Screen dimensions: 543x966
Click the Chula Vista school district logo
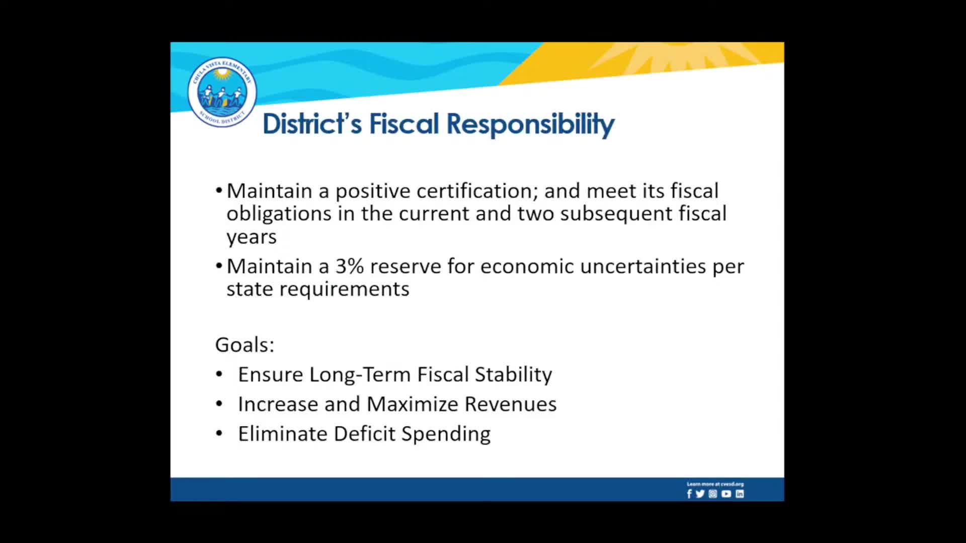click(222, 92)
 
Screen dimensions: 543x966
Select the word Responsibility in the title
click(530, 124)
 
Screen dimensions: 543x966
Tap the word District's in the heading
click(312, 124)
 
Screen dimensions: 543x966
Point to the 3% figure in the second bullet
click(349, 266)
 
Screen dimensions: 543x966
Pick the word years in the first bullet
click(252, 237)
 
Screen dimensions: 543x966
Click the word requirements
click(344, 289)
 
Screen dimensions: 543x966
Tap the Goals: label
click(245, 345)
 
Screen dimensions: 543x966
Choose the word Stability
click(513, 375)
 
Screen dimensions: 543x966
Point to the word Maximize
click(412, 404)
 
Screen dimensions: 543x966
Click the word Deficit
click(364, 434)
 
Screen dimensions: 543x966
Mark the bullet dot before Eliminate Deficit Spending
click(219, 433)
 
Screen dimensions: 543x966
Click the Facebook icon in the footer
click(689, 494)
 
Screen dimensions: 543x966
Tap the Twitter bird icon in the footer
click(700, 494)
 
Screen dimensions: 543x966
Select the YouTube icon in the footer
click(726, 494)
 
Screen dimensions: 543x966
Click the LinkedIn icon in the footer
click(740, 494)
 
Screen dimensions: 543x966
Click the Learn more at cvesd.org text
click(715, 484)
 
